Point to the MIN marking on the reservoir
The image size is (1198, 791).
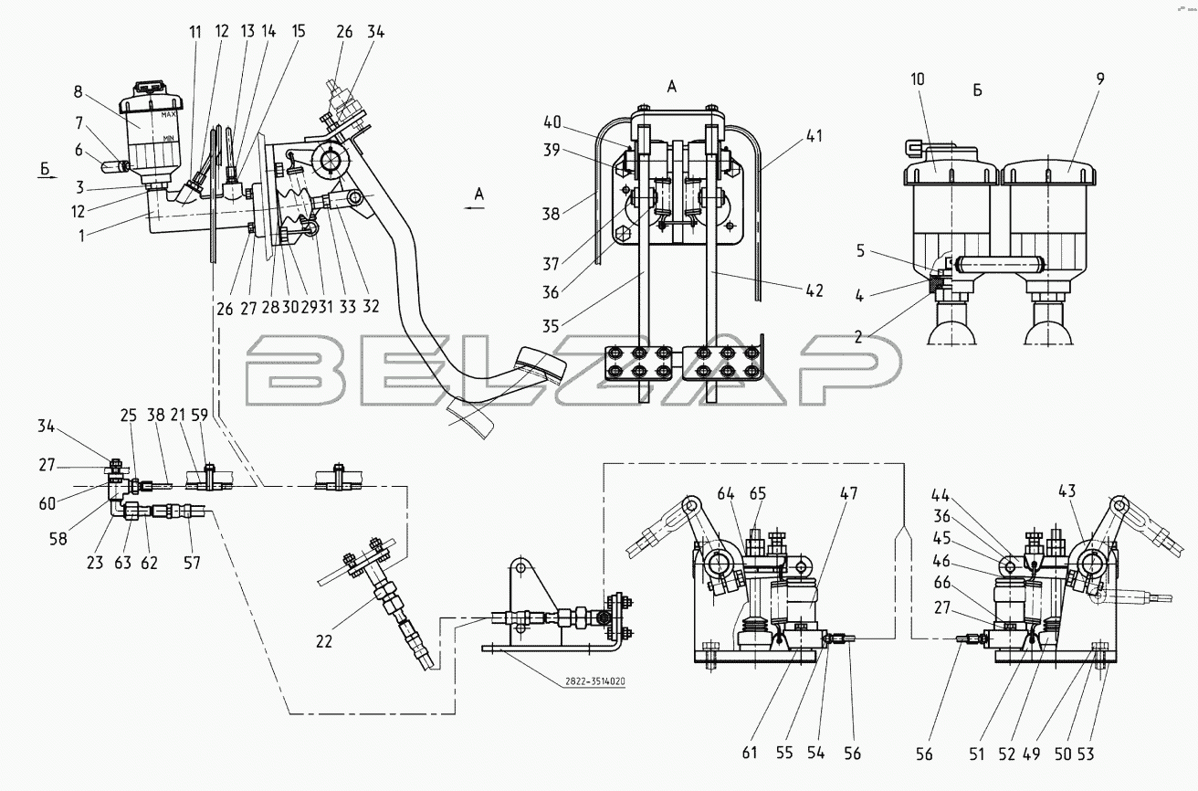168,138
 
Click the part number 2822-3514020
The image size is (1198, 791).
594,681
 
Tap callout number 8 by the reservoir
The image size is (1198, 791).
79,92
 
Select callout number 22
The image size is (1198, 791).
324,640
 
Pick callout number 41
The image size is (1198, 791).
814,136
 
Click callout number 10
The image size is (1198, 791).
917,79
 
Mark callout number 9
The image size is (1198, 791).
1099,79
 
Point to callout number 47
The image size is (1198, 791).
849,493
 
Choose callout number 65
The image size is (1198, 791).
757,493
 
